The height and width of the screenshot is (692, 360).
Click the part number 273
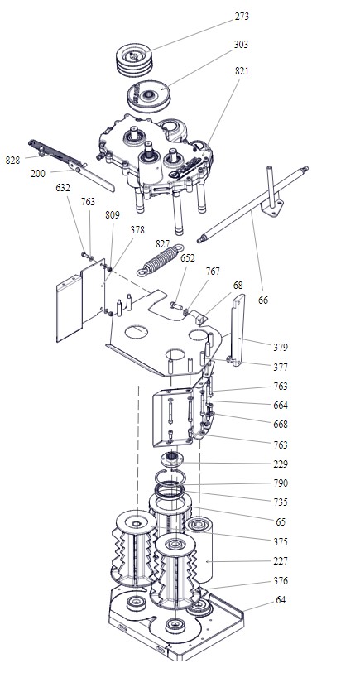click(x=242, y=17)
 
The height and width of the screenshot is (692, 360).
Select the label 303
click(x=241, y=44)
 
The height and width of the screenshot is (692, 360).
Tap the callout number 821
click(x=242, y=70)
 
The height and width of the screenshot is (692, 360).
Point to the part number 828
click(x=12, y=161)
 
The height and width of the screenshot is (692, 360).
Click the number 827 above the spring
click(x=163, y=243)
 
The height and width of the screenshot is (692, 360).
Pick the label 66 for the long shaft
click(x=263, y=300)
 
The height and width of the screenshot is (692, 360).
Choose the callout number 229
click(x=281, y=464)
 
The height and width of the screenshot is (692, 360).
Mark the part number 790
click(x=281, y=483)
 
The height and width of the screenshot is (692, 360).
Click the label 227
click(x=281, y=561)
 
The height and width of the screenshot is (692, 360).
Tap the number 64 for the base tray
click(x=281, y=600)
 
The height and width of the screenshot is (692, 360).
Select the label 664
click(x=281, y=405)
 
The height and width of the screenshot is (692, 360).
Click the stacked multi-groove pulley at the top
click(x=134, y=59)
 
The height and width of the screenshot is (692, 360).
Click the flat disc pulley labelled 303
click(x=149, y=96)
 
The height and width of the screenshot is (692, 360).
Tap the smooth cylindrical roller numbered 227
click(x=199, y=550)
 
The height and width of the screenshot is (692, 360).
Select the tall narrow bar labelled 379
click(x=238, y=329)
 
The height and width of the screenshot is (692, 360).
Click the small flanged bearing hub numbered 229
click(x=171, y=459)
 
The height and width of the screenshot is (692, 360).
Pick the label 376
click(x=281, y=580)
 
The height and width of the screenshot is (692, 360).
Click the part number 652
click(x=188, y=257)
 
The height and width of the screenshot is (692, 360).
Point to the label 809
click(x=113, y=215)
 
